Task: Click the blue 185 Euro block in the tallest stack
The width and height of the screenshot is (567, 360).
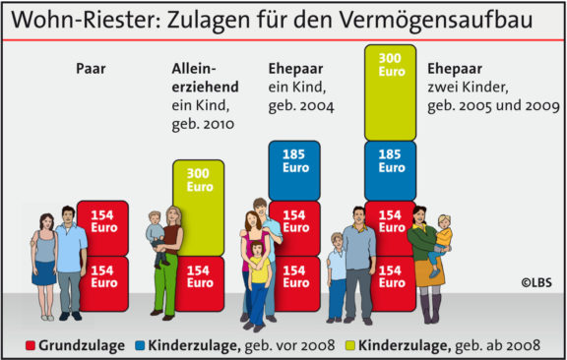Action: click(x=391, y=161)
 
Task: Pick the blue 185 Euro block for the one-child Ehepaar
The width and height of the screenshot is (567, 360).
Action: click(x=294, y=161)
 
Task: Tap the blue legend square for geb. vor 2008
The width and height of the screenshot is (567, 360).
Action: click(x=142, y=345)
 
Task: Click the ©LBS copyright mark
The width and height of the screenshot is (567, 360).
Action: click(x=536, y=283)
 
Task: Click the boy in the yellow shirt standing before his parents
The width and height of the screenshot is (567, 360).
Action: click(x=259, y=280)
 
